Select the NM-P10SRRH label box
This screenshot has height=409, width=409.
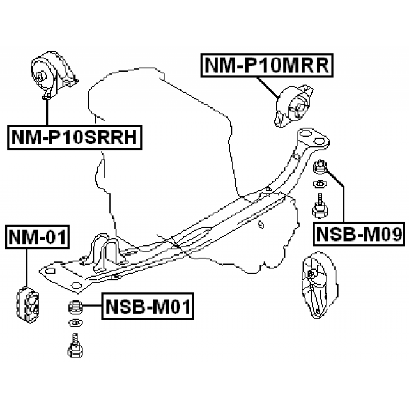click(75, 136)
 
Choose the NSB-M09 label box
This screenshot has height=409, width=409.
click(360, 235)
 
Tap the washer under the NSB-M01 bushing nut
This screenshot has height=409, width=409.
click(75, 321)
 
